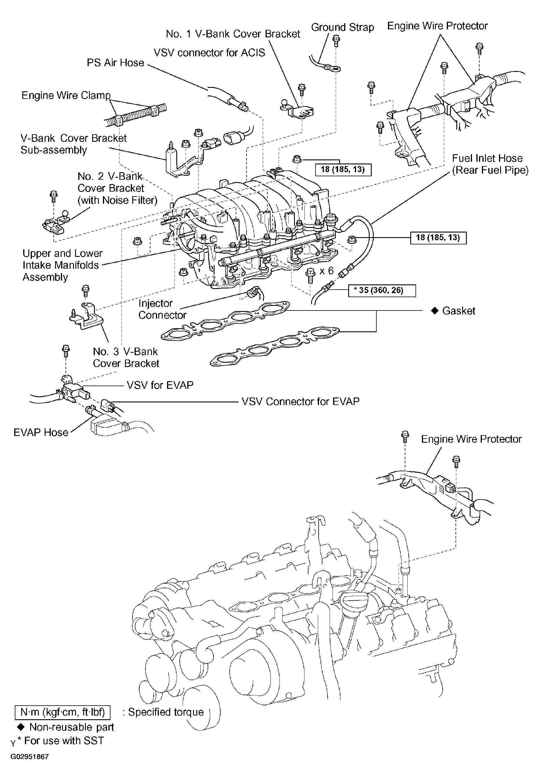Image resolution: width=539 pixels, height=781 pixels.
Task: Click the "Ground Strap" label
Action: pos(342,27)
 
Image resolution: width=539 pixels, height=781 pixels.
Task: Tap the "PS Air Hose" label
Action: pos(115,63)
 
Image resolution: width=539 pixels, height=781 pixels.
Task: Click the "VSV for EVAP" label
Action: pos(160,385)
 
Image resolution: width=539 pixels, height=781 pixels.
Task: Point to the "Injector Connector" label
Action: pos(162,309)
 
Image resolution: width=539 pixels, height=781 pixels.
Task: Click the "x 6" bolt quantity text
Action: pos(326,271)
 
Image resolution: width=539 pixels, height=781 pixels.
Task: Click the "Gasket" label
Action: pos(459,311)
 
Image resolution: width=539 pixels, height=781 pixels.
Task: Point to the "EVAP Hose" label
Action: pos(41,433)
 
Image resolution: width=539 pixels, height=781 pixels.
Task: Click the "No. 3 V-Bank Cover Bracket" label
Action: pos(126,357)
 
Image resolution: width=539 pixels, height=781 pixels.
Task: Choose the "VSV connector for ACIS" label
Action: pos(209,53)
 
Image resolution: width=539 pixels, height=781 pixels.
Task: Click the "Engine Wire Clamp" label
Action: pos(66,96)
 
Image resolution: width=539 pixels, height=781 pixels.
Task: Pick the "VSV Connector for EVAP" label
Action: pos(301,402)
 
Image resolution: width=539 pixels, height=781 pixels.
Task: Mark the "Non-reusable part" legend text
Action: pos(72,727)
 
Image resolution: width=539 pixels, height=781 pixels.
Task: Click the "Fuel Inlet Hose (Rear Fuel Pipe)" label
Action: pos(490,164)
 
